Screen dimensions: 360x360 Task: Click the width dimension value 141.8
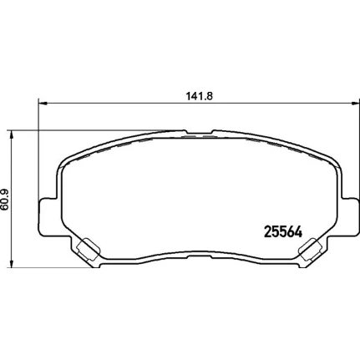[x=200, y=96]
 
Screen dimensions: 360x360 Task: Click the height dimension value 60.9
[x=5, y=200]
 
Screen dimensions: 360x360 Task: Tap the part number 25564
[x=283, y=231]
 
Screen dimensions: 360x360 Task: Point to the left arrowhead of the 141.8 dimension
[x=42, y=104]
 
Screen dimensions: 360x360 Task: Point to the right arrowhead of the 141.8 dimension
[x=354, y=104]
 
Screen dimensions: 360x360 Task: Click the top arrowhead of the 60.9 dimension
[x=12, y=134]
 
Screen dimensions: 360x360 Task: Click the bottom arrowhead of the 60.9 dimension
[x=12, y=264]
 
